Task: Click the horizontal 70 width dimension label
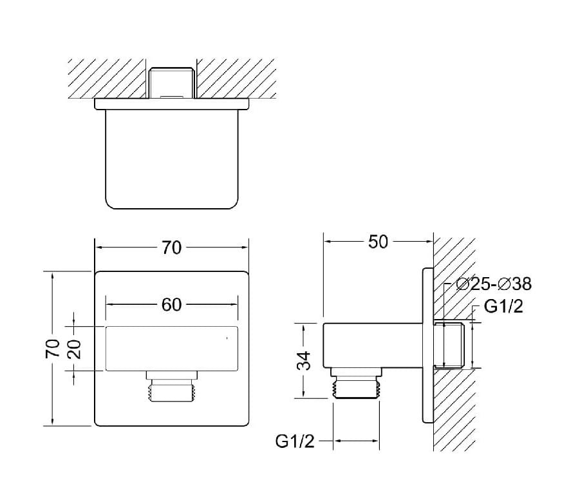pyautogui.click(x=171, y=247)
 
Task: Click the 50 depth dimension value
pyautogui.click(x=378, y=242)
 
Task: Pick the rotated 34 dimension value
pyautogui.click(x=307, y=360)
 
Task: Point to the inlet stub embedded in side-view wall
pyautogui.click(x=453, y=345)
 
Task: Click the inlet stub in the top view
pyautogui.click(x=171, y=82)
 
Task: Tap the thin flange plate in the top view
pyautogui.click(x=171, y=103)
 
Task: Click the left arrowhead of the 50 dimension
pyautogui.click(x=327, y=242)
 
